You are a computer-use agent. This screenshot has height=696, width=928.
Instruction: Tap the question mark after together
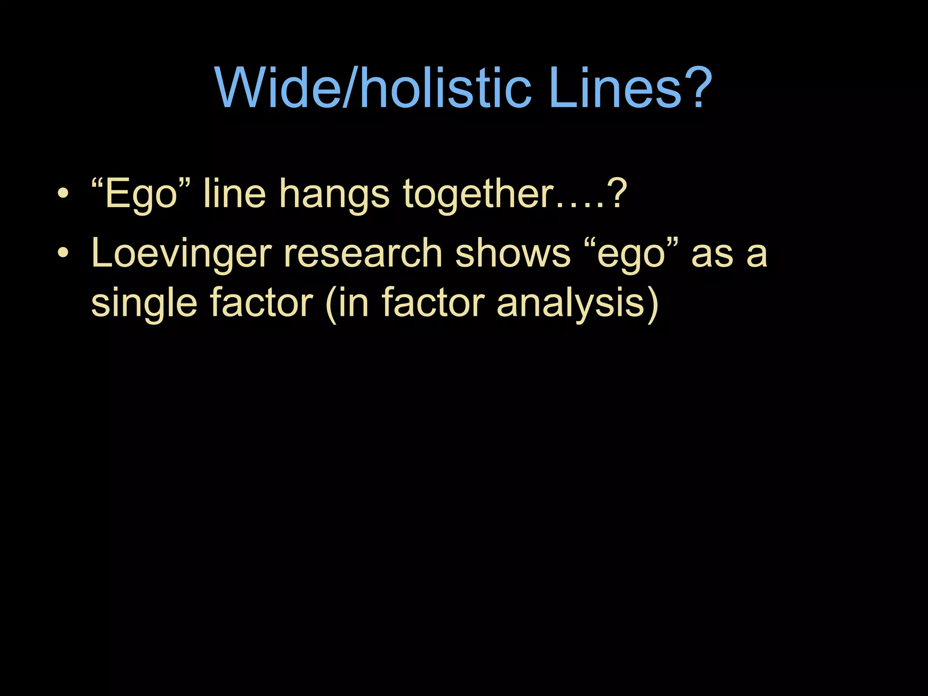pyautogui.click(x=618, y=194)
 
